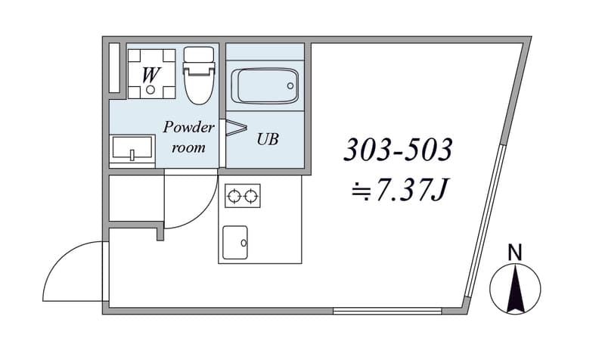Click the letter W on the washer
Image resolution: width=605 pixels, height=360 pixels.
[150, 75]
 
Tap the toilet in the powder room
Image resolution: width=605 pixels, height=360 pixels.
[199, 75]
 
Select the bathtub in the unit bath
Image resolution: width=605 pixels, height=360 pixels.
[265, 86]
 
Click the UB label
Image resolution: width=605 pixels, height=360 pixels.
[268, 139]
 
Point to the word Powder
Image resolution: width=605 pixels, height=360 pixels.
[188, 127]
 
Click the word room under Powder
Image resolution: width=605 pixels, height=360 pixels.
[188, 147]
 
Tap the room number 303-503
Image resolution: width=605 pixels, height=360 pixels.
[398, 150]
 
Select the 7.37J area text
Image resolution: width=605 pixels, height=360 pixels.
[399, 191]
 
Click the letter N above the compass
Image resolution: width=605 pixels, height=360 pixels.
[515, 253]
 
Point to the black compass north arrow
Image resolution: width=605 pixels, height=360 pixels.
[515, 287]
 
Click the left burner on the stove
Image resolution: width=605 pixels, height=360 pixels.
[234, 197]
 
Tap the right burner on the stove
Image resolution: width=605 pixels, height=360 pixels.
[251, 197]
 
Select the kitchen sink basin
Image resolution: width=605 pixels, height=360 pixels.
[235, 242]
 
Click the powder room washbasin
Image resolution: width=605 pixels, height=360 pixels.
[132, 148]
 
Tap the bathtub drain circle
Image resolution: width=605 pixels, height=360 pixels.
[290, 86]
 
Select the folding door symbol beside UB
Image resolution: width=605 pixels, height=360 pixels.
[236, 128]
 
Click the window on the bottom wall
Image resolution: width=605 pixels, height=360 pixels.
[387, 311]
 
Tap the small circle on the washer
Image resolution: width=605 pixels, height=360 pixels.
[150, 90]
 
